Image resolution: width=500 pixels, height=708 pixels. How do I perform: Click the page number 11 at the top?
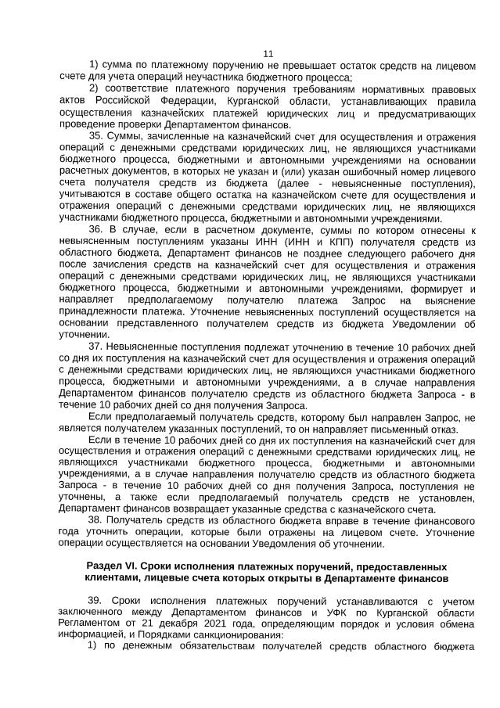pyautogui.click(x=268, y=53)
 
